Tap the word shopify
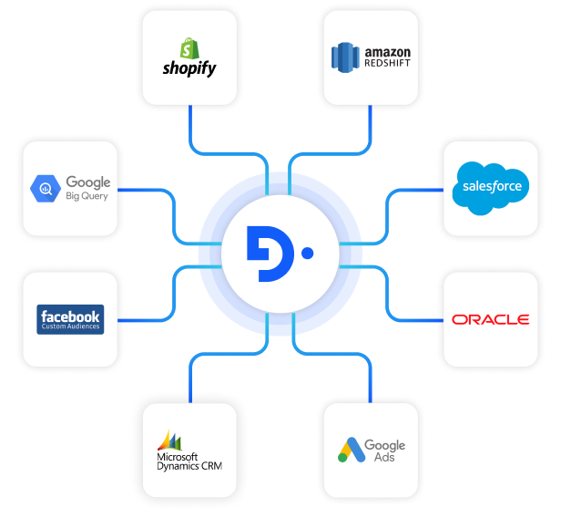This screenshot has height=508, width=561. tap(189, 68)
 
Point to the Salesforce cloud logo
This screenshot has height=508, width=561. tap(491, 186)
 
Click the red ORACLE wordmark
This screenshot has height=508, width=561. tap(490, 319)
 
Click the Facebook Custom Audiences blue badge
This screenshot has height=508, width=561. tap(71, 319)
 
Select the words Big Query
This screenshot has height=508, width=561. tap(86, 196)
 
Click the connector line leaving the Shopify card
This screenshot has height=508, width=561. tap(190, 123)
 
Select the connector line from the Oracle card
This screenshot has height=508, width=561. tap(414, 318)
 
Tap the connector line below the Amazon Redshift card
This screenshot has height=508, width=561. tap(372, 123)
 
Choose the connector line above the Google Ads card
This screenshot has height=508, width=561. tap(372, 378)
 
